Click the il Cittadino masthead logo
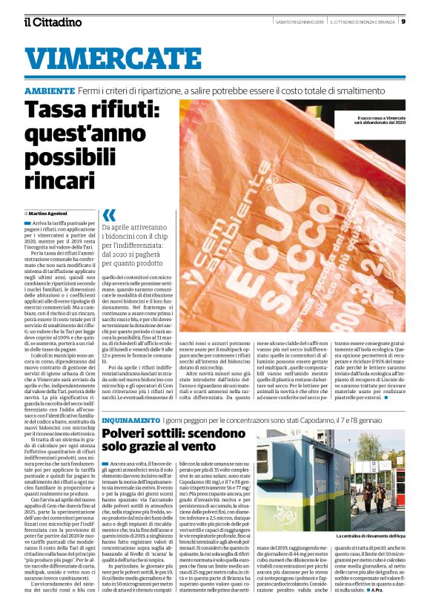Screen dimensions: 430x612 53,22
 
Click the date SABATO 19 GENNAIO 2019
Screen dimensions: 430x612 294,21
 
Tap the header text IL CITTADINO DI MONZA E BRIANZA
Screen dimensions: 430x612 363,21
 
